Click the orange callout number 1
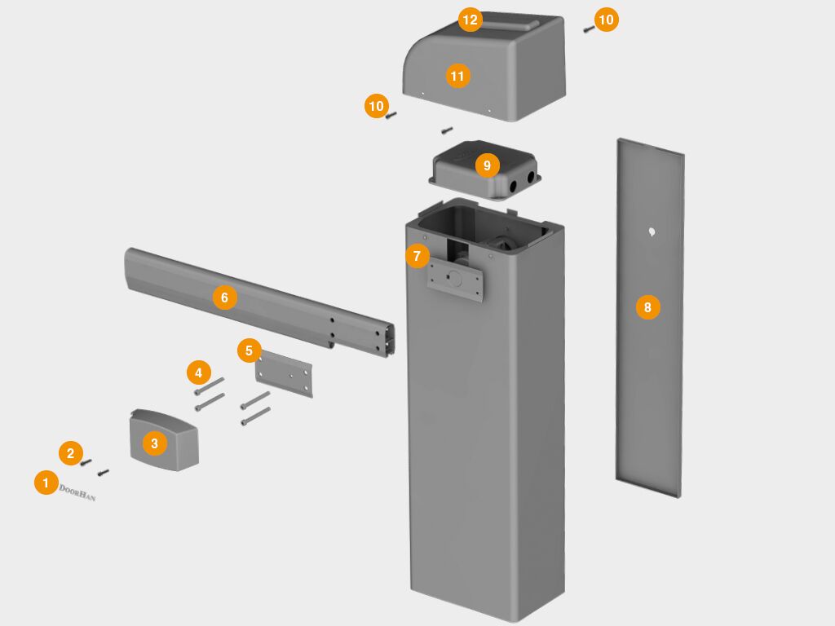tap(46, 483)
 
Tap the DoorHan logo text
tap(77, 492)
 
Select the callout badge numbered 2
tap(70, 453)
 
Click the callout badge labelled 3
tap(154, 443)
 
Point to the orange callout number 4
tap(197, 373)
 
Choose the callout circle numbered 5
tap(250, 350)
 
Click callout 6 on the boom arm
tap(224, 298)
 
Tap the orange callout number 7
tap(417, 256)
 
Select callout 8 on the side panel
tap(647, 307)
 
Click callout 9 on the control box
tap(487, 165)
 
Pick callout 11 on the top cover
tap(457, 76)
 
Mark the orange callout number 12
tap(470, 20)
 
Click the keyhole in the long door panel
tap(652, 232)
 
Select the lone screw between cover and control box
tap(446, 130)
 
